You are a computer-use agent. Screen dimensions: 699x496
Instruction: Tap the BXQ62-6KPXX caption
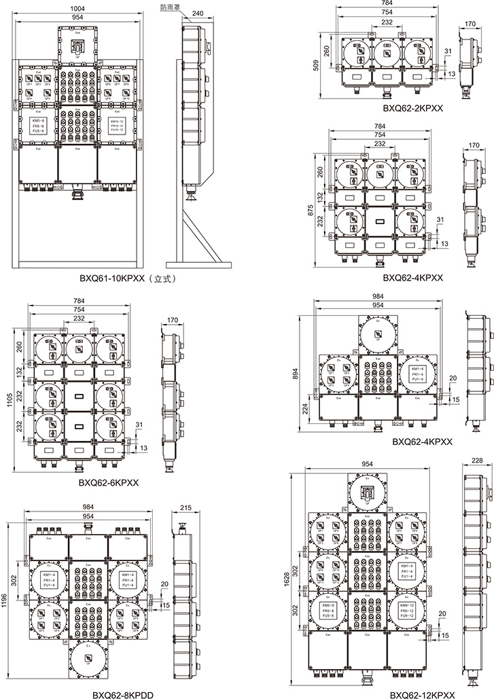[x=108, y=483]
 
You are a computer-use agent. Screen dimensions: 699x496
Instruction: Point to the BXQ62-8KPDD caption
[x=123, y=695]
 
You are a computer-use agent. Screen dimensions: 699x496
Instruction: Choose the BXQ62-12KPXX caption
[x=421, y=694]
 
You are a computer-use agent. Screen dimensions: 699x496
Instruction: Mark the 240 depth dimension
[x=198, y=13]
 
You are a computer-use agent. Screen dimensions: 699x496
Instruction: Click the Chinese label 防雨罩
[x=171, y=7]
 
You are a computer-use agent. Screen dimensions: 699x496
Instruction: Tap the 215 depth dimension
[x=185, y=507]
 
